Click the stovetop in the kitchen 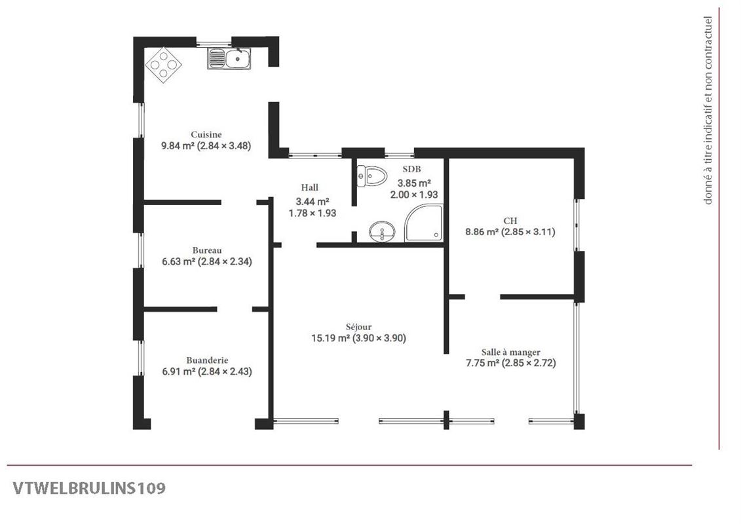pyautogui.click(x=163, y=64)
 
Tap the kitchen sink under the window pyautogui.click(x=229, y=60)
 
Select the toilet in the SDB pyautogui.click(x=372, y=176)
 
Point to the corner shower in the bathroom pyautogui.click(x=423, y=223)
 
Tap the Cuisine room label pyautogui.click(x=206, y=134)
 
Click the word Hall pyautogui.click(x=310, y=187)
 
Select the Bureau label pyautogui.click(x=207, y=250)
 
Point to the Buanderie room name pyautogui.click(x=207, y=360)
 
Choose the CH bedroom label pyautogui.click(x=510, y=220)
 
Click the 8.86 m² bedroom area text pyautogui.click(x=481, y=231)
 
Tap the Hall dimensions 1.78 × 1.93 pyautogui.click(x=313, y=213)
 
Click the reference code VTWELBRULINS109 pyautogui.click(x=88, y=488)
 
